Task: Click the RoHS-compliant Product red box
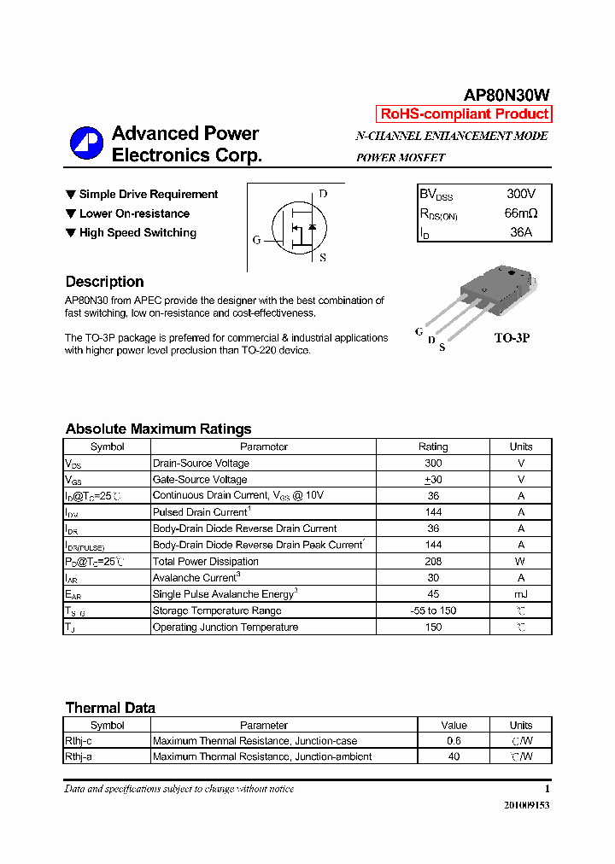[464, 114]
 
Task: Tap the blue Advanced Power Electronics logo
[86, 143]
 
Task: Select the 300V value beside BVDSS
[521, 195]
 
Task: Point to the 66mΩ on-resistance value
[521, 213]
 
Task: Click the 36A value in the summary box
[521, 232]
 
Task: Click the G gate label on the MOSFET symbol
[256, 240]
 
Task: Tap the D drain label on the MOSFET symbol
[323, 194]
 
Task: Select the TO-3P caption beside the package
[512, 338]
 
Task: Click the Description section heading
[104, 282]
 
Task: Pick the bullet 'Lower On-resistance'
[134, 213]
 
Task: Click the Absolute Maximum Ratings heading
[158, 429]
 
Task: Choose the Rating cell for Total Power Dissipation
[433, 562]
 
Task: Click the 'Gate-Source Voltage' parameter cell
[200, 480]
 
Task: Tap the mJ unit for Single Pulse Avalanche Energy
[521, 594]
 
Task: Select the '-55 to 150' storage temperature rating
[433, 610]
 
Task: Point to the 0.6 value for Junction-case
[454, 741]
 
